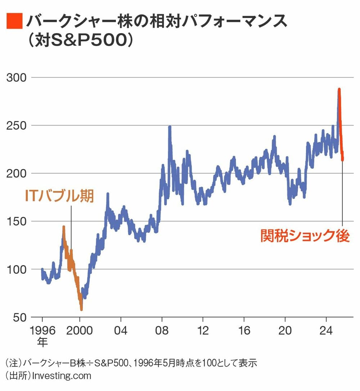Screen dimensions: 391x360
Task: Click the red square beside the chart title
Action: click(14, 21)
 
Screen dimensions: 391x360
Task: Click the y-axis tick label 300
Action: click(17, 78)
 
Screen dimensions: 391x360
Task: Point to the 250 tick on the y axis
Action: click(17, 126)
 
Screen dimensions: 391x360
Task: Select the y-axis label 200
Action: click(17, 173)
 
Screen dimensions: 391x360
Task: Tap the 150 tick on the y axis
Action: click(17, 221)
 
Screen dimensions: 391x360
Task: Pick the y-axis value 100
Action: click(17, 269)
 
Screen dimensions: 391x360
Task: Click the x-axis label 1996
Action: click(42, 330)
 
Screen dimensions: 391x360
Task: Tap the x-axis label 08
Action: click(162, 330)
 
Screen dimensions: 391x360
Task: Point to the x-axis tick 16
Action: click(244, 330)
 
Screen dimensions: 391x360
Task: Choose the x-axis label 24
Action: click(326, 330)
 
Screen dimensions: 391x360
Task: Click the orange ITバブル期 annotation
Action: click(59, 196)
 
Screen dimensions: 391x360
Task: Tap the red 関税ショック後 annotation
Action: click(305, 236)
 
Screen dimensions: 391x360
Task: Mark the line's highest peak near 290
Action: click(339, 89)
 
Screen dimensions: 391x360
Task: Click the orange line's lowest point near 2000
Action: click(81, 309)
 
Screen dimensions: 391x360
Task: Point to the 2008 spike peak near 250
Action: click(170, 127)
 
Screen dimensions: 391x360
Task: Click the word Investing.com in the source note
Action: click(62, 376)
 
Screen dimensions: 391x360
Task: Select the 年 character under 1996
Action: click(42, 342)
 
